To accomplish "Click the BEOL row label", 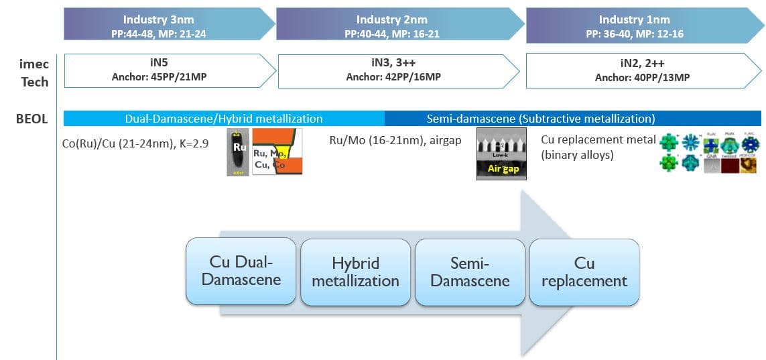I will coord(32,119).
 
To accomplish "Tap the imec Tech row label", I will coord(34,72).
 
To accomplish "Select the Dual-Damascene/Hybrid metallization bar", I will coord(224,119).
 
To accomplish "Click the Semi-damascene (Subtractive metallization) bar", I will coord(573,119).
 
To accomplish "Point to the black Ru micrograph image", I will coord(237,152).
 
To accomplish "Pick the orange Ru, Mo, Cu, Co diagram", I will coord(277,152).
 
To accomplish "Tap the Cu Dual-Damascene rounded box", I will coord(241,271).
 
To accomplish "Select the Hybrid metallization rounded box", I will coord(355,272).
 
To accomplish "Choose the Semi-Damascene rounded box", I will coord(470,272).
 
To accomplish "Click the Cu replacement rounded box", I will coord(584,272).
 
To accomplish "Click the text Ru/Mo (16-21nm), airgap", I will coord(396,141).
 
